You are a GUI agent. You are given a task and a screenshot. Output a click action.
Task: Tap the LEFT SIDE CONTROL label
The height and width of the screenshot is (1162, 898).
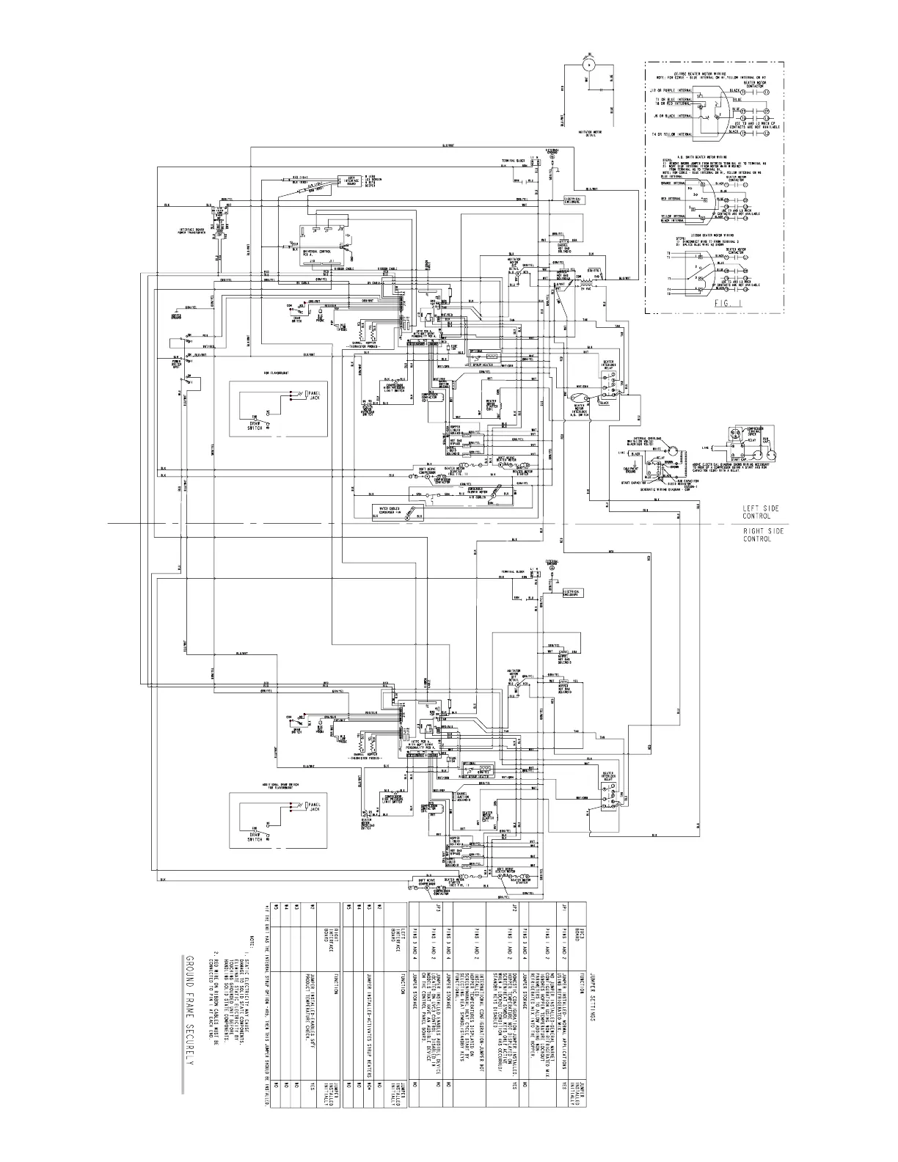pyautogui.click(x=760, y=511)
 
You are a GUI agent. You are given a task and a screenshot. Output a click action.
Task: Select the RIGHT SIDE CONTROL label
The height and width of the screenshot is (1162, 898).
pyautogui.click(x=762, y=534)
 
